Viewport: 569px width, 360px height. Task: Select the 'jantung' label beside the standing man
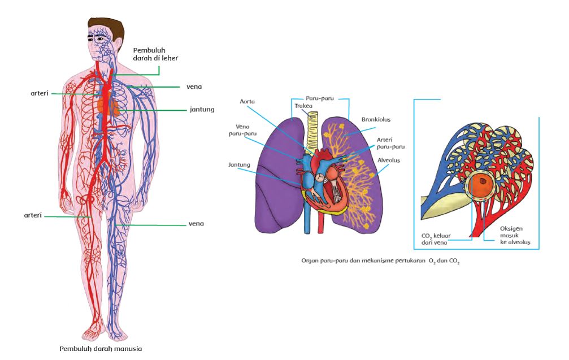(x=202, y=110)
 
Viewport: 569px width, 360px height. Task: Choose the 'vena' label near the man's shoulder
(x=194, y=86)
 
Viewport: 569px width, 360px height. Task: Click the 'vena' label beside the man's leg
(x=195, y=224)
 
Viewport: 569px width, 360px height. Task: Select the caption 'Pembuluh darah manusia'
(x=101, y=348)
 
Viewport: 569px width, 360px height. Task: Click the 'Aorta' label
(x=247, y=102)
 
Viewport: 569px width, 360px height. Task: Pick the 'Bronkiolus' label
(x=376, y=120)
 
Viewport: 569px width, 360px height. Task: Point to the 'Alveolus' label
(x=388, y=161)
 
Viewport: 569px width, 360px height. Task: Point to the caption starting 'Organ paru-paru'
(x=378, y=262)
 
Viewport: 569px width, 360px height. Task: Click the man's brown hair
(x=107, y=27)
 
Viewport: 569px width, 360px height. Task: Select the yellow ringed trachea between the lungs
(x=312, y=127)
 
